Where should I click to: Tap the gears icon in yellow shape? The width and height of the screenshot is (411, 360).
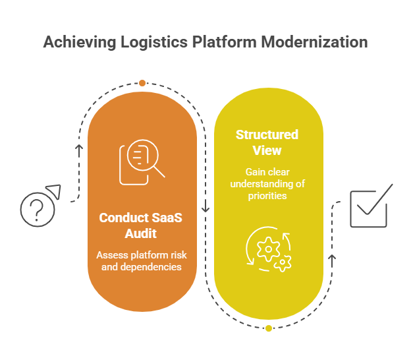tap(269, 250)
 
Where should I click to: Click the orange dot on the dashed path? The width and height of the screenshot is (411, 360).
tap(142, 83)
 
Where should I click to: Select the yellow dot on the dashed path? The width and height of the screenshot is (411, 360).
tap(269, 328)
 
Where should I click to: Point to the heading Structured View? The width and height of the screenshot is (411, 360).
tap(267, 142)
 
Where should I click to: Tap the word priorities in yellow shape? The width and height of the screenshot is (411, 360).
tap(267, 196)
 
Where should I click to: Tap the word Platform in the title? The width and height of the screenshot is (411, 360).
tap(223, 42)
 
